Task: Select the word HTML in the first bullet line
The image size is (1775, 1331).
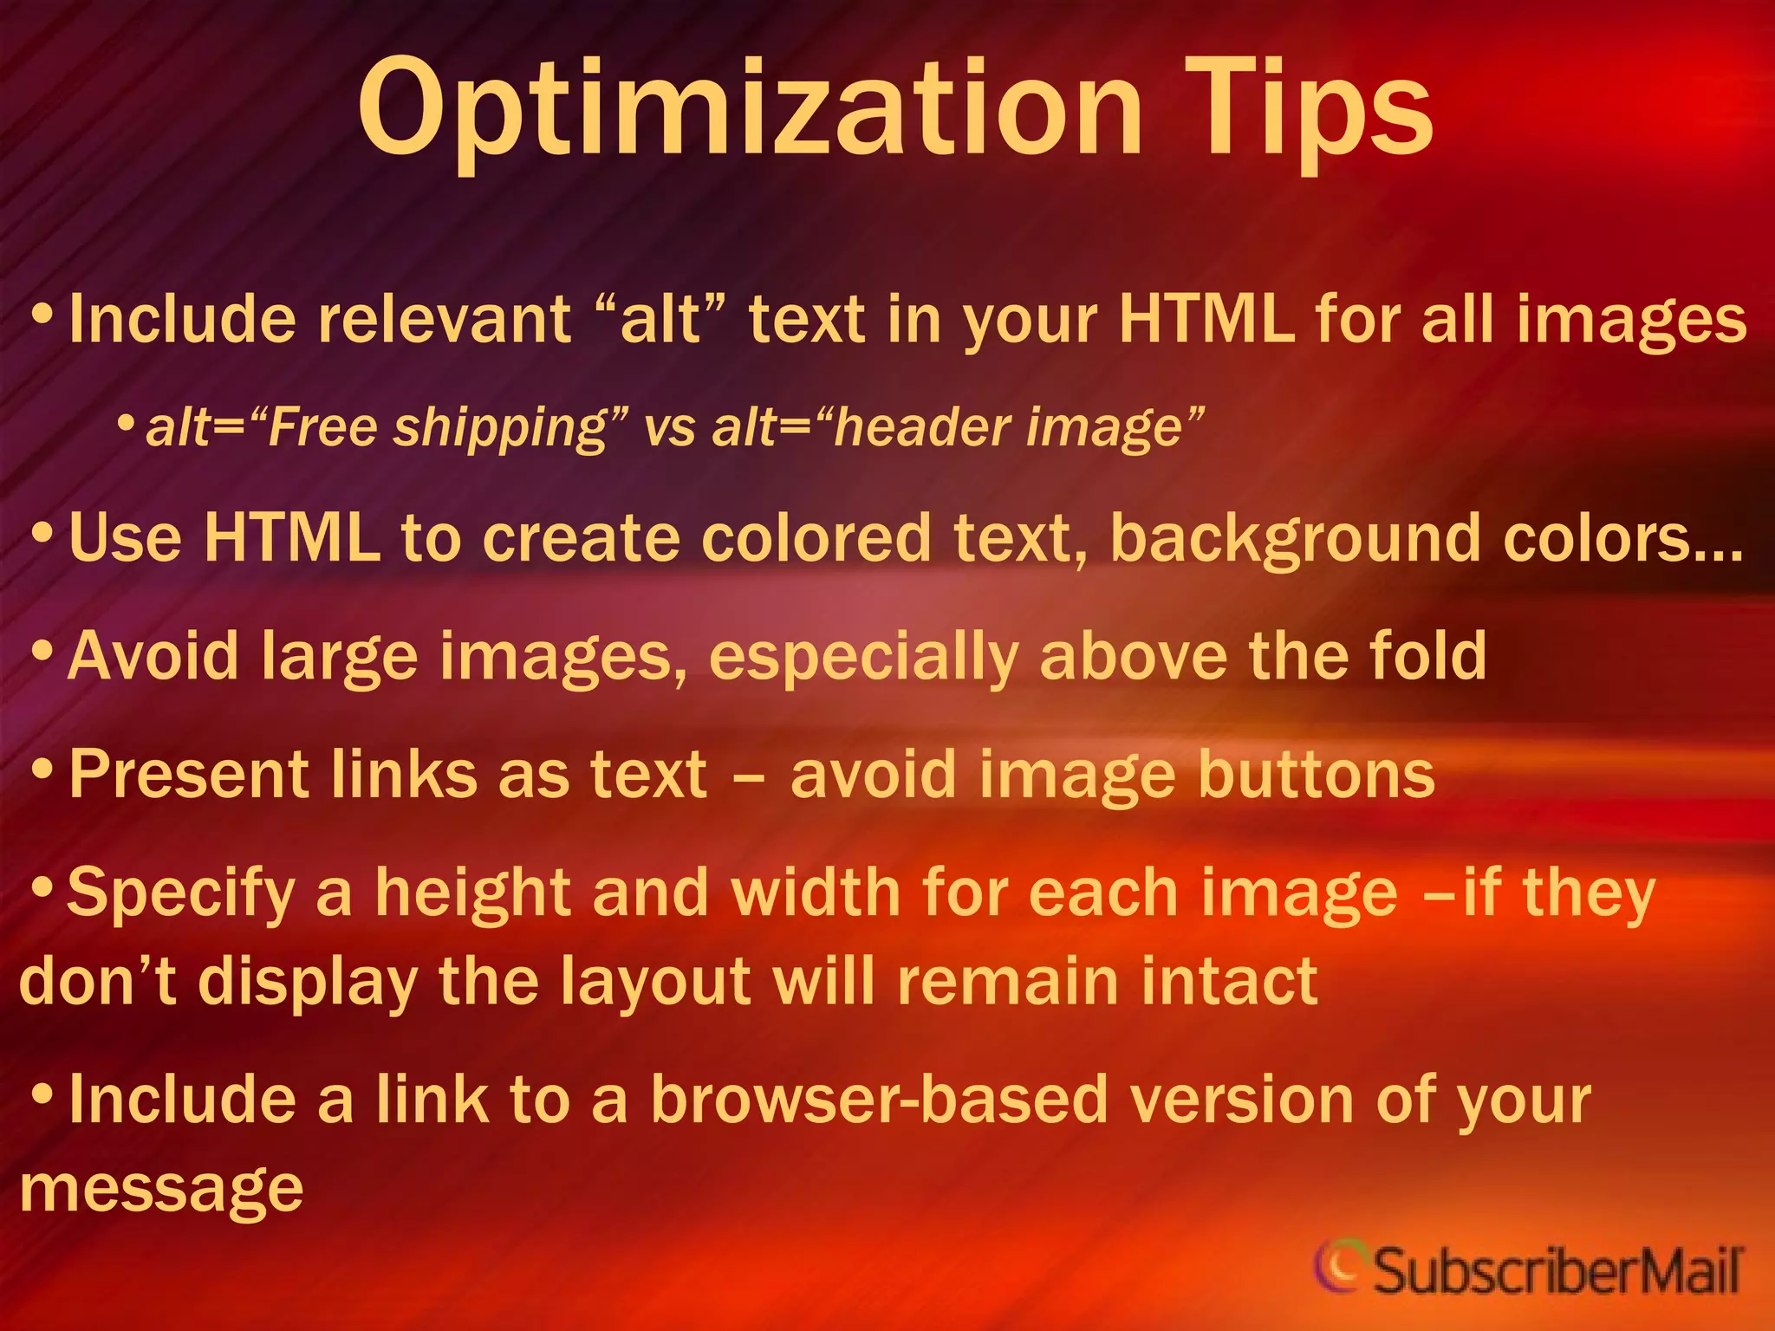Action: point(1206,319)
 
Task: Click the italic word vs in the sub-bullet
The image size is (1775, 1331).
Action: point(670,428)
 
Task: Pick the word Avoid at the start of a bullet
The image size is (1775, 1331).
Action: point(153,656)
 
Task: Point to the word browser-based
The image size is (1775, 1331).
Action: point(880,1100)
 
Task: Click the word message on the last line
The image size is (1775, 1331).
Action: point(161,1189)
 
